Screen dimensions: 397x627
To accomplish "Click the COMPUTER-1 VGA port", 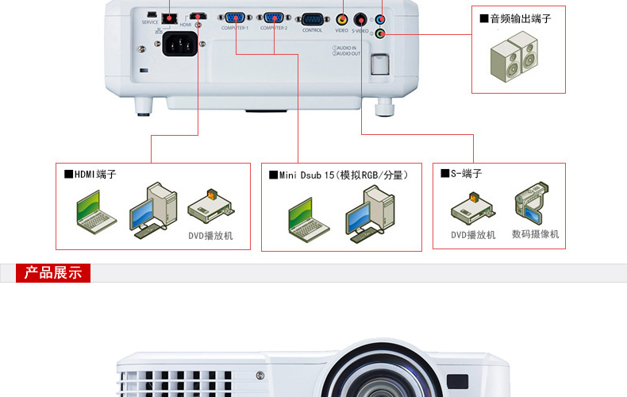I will pyautogui.click(x=235, y=17).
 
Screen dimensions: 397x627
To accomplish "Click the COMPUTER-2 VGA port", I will pyautogui.click(x=274, y=17).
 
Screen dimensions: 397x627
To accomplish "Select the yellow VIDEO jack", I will pyautogui.click(x=342, y=18).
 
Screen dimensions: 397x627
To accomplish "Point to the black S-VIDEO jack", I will pyautogui.click(x=360, y=18).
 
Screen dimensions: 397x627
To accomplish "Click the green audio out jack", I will pyautogui.click(x=380, y=33).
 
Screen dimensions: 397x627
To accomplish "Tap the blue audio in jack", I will pyautogui.click(x=380, y=19).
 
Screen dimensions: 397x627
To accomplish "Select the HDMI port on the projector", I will pyautogui.click(x=197, y=16).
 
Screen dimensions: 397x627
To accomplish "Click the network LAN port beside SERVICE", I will pyautogui.click(x=168, y=16).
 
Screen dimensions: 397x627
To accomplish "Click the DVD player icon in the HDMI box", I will pyautogui.click(x=210, y=206).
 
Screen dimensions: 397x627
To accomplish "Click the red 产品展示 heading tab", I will pyautogui.click(x=53, y=273).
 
